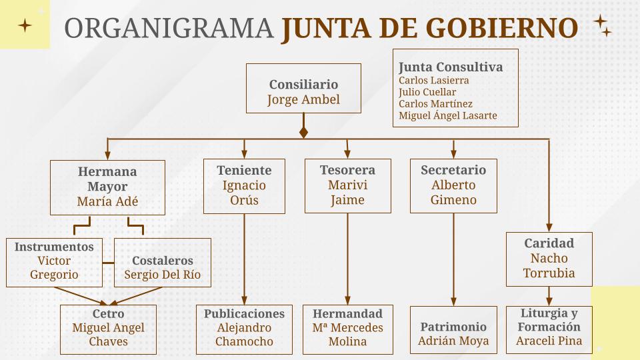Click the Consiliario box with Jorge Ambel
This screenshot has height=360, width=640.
pyautogui.click(x=303, y=88)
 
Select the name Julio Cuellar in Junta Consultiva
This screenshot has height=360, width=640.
pyautogui.click(x=427, y=92)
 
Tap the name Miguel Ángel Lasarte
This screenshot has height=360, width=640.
pyautogui.click(x=447, y=116)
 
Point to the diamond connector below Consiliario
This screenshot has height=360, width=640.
pyautogui.click(x=303, y=132)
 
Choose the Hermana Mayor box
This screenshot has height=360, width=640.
pyautogui.click(x=107, y=187)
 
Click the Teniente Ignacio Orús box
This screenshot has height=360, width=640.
pyautogui.click(x=244, y=185)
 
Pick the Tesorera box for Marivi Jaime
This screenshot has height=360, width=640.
pyautogui.click(x=347, y=185)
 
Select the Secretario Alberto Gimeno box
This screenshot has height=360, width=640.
pyautogui.click(x=453, y=185)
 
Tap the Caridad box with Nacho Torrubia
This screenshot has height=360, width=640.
pyautogui.click(x=549, y=259)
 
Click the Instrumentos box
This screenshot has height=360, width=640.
pyautogui.click(x=54, y=262)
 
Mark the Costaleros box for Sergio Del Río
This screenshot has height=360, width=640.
pyautogui.click(x=162, y=263)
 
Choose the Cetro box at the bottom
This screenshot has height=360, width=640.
pyautogui.click(x=108, y=329)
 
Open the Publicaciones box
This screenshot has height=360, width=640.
pyautogui.click(x=244, y=329)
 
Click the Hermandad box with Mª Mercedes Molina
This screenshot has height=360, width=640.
pyautogui.click(x=347, y=329)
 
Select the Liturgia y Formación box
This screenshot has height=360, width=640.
pyautogui.click(x=549, y=329)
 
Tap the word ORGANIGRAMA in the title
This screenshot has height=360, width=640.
pyautogui.click(x=169, y=28)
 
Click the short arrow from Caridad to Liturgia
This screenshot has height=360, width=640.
pyautogui.click(x=549, y=295)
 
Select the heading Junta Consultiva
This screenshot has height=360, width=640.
pyautogui.click(x=450, y=67)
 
